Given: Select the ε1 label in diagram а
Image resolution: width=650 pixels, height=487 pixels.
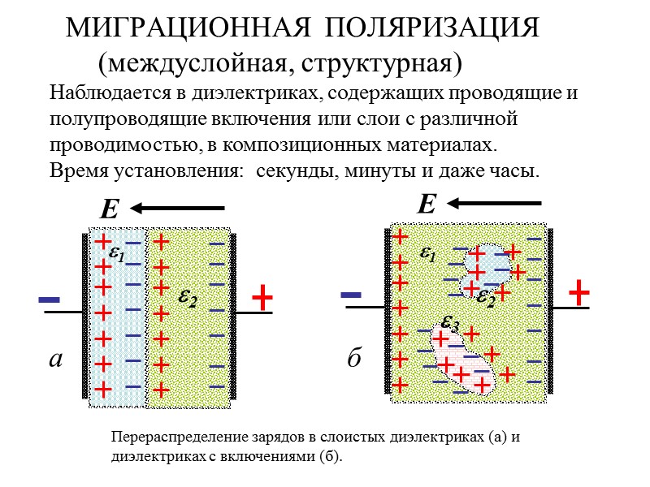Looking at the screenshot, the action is pyautogui.click(x=117, y=254).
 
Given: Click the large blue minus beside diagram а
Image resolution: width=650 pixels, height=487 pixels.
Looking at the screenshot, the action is pyautogui.click(x=50, y=300).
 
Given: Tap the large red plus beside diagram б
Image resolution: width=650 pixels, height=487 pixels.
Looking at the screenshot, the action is pyautogui.click(x=578, y=292).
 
